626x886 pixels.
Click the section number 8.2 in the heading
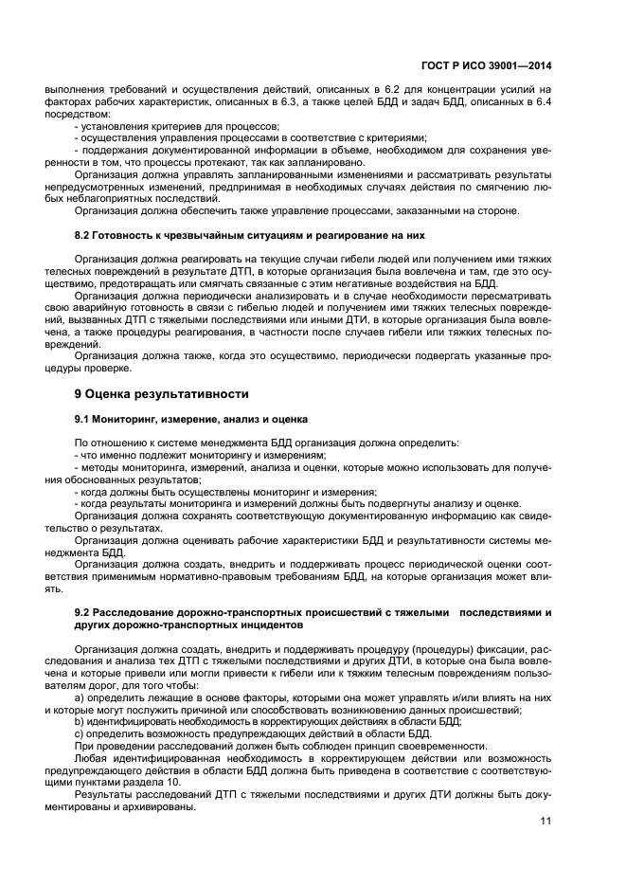[83, 233]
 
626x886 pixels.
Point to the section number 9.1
[83, 418]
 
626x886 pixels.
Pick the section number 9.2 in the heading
[83, 613]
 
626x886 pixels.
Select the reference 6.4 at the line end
[543, 103]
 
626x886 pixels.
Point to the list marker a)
[80, 697]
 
